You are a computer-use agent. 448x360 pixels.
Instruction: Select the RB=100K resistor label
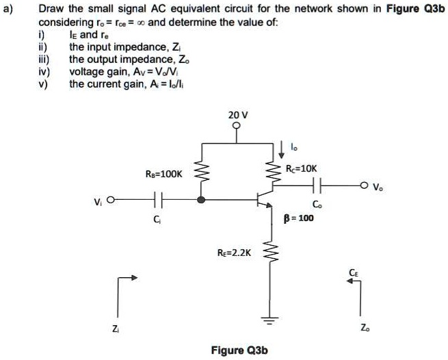coord(164,174)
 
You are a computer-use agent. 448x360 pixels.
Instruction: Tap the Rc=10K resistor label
coord(302,168)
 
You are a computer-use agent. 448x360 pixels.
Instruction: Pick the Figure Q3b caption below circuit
coord(239,350)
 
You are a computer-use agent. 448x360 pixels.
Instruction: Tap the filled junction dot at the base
coord(201,201)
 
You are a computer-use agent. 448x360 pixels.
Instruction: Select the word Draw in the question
coord(50,10)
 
